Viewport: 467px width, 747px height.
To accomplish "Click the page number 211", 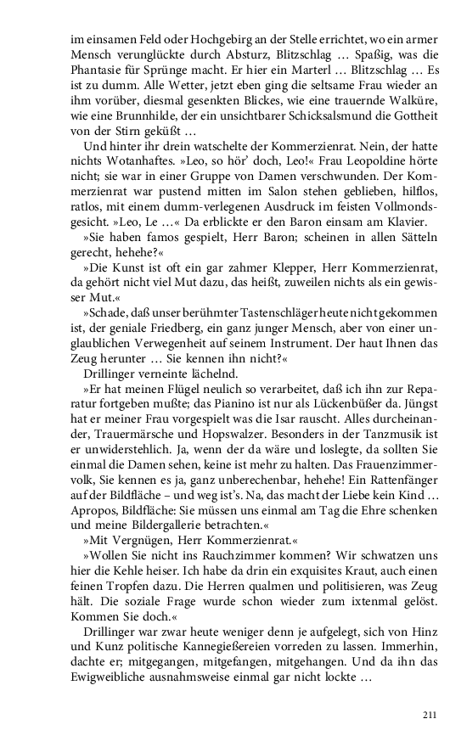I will tap(429, 715).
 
